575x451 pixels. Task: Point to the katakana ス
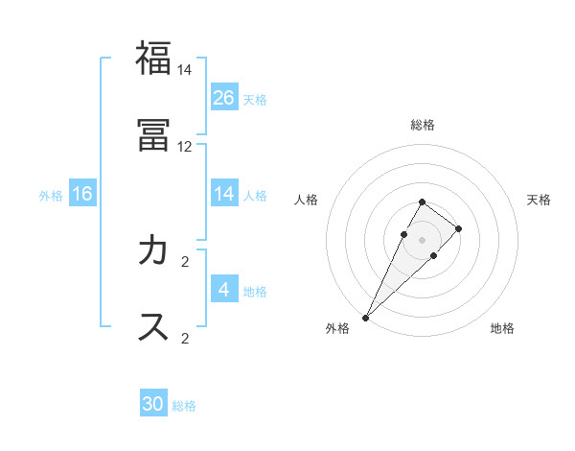point(153,326)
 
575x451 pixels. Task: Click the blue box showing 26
point(224,97)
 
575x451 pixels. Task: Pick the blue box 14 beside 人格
point(224,194)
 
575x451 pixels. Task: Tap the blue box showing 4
point(224,289)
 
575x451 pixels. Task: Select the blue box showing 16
point(82,194)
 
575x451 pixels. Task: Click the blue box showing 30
point(153,404)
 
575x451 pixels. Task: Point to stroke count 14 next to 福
point(185,70)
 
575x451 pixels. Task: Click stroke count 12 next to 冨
point(185,147)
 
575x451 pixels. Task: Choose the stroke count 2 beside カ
point(185,261)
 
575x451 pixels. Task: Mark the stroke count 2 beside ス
point(185,338)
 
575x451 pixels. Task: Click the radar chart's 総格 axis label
point(423,125)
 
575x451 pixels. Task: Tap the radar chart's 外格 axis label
point(337,328)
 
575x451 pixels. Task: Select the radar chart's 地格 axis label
point(502,328)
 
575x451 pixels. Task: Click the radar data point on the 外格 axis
point(366,317)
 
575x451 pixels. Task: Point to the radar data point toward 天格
point(459,228)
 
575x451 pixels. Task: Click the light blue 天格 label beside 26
point(255,99)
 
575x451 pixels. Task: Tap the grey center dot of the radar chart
point(423,240)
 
